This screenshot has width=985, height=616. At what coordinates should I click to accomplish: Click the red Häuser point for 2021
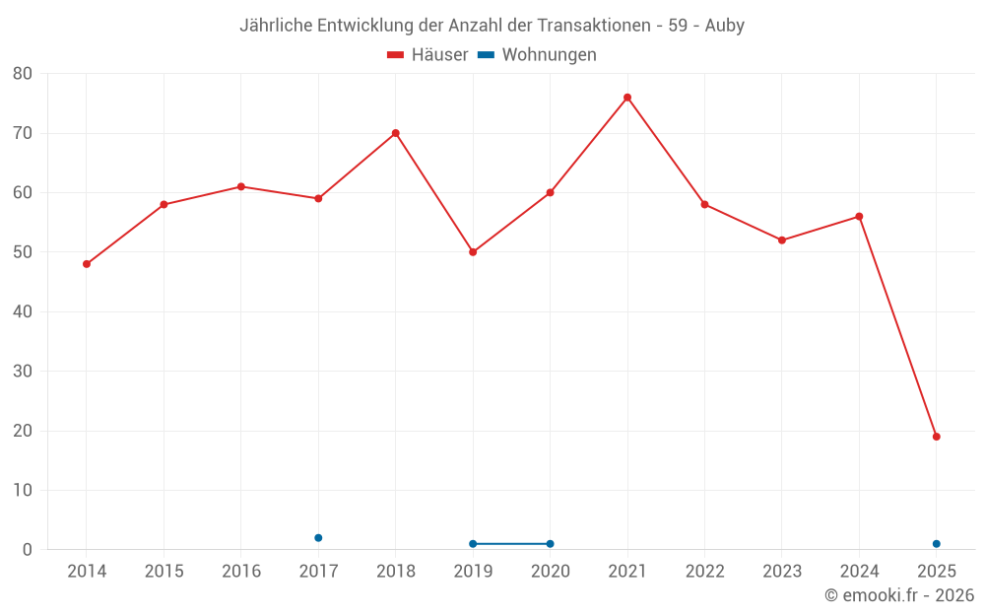[627, 98]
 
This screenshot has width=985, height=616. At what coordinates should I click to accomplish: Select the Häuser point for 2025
[937, 437]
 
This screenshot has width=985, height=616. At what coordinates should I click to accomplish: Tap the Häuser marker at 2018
[395, 133]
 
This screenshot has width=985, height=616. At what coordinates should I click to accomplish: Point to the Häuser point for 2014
[87, 264]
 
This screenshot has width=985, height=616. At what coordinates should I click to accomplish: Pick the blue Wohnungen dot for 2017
[318, 538]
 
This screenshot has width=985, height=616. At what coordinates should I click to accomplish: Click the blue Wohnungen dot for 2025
[937, 544]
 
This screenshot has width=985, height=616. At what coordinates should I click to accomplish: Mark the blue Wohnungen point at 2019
[473, 544]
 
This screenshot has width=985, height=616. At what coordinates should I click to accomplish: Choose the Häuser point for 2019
[473, 252]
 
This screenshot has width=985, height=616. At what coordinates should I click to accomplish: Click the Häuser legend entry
[427, 55]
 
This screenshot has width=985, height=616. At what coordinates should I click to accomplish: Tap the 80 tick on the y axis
[23, 74]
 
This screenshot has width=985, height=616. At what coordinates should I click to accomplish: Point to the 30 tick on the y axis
[23, 372]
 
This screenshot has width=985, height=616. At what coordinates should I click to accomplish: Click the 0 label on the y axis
[28, 550]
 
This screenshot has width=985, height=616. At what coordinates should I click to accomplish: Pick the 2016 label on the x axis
[241, 572]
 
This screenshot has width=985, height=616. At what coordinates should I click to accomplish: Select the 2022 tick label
[704, 572]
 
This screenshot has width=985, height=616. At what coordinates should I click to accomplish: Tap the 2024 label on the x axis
[859, 572]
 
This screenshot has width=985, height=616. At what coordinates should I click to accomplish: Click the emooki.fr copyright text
[899, 595]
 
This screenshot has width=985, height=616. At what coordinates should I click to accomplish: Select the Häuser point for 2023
[782, 240]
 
